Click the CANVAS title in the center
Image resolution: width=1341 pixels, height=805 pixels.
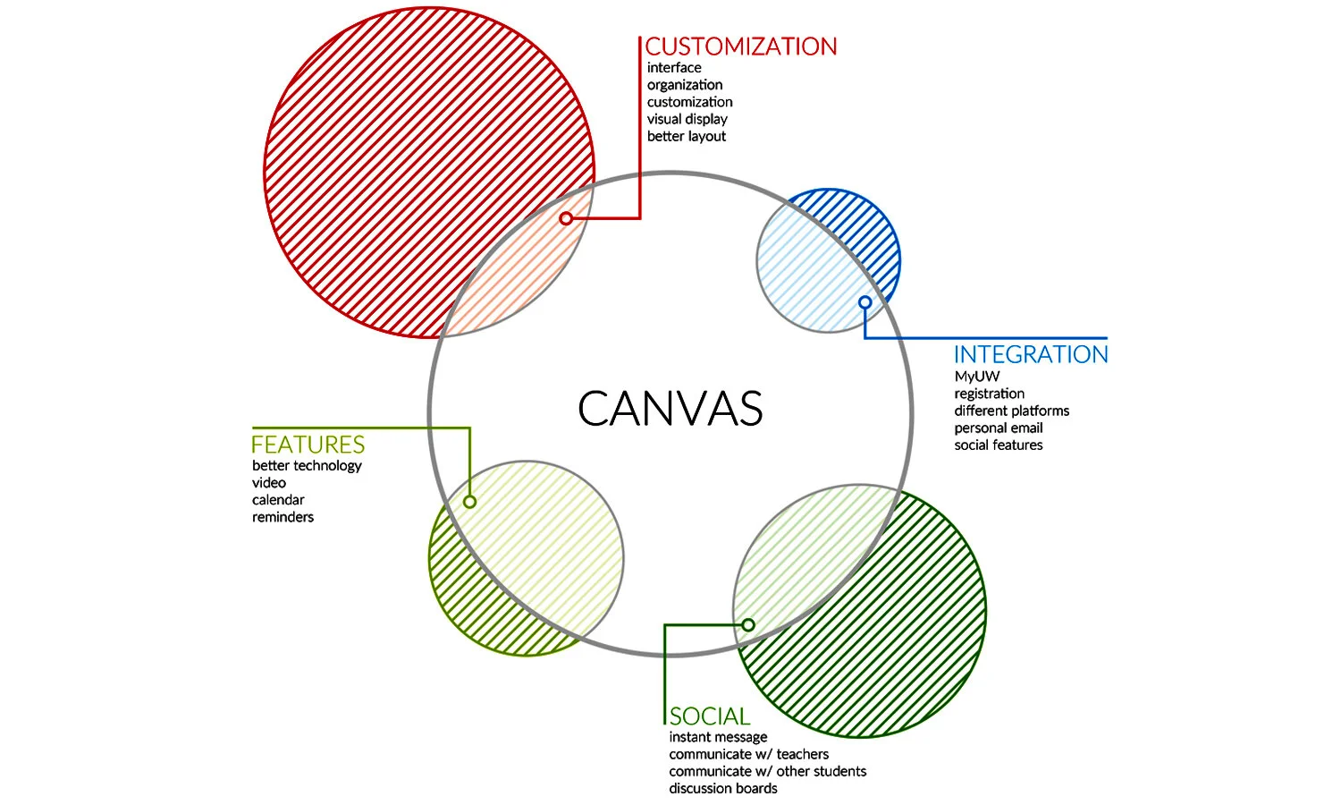click(670, 409)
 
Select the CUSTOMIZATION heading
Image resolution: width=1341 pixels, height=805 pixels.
click(741, 47)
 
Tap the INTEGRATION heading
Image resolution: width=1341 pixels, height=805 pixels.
click(1031, 355)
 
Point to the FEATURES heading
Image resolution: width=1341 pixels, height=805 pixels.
click(308, 445)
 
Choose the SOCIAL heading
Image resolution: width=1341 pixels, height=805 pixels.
click(710, 716)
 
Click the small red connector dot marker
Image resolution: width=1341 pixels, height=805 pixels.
click(566, 218)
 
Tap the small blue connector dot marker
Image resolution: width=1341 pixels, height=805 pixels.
click(864, 302)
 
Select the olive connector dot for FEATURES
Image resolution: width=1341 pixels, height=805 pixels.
click(469, 502)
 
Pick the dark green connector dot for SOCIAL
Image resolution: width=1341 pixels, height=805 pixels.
click(748, 625)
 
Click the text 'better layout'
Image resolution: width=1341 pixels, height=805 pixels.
click(687, 136)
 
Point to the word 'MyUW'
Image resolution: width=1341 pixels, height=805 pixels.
click(976, 377)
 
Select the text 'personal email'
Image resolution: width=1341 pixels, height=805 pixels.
click(998, 428)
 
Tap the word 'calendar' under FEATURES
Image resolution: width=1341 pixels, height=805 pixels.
click(278, 500)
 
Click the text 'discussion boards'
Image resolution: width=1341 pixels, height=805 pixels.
click(723, 788)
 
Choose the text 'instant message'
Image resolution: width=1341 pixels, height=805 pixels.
click(718, 737)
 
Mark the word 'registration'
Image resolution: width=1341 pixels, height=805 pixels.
click(989, 394)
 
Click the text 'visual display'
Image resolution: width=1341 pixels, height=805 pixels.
click(687, 119)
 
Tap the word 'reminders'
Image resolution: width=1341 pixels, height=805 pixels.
click(283, 517)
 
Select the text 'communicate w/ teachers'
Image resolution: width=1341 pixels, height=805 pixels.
click(748, 754)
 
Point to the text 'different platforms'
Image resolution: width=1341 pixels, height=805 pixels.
click(1011, 411)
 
